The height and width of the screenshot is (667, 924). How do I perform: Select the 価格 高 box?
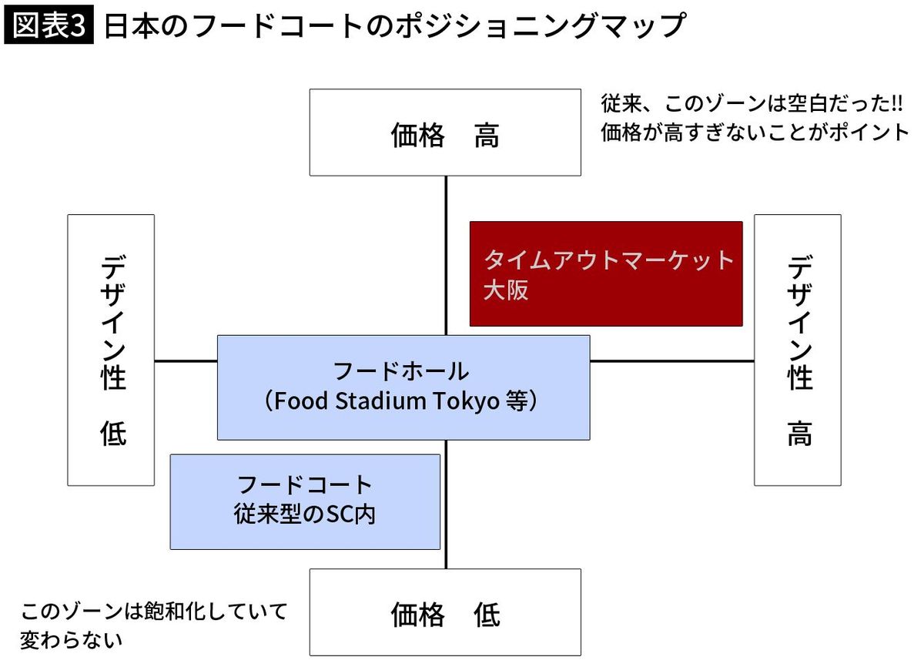[x=445, y=132]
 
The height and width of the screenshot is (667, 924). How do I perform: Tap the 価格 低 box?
[x=445, y=612]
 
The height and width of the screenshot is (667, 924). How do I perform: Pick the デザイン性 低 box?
[x=111, y=350]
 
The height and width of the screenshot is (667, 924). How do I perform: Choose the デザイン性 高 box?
[x=797, y=350]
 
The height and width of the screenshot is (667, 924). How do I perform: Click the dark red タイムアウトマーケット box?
[x=606, y=273]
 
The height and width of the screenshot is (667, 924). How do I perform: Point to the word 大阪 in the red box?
[x=506, y=291]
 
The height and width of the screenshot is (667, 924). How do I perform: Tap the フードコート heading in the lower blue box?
[x=305, y=485]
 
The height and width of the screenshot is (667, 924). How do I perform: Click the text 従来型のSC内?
[x=305, y=514]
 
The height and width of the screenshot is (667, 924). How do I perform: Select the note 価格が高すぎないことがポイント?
[x=755, y=132]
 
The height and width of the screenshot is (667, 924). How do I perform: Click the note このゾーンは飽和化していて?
[x=154, y=612]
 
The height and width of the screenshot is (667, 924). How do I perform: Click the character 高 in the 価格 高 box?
[x=487, y=136]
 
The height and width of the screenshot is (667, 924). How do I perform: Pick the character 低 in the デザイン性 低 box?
[x=112, y=434]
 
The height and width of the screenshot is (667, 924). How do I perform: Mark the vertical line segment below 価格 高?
[x=446, y=254]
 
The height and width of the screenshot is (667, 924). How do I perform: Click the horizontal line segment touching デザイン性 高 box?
[x=671, y=360]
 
